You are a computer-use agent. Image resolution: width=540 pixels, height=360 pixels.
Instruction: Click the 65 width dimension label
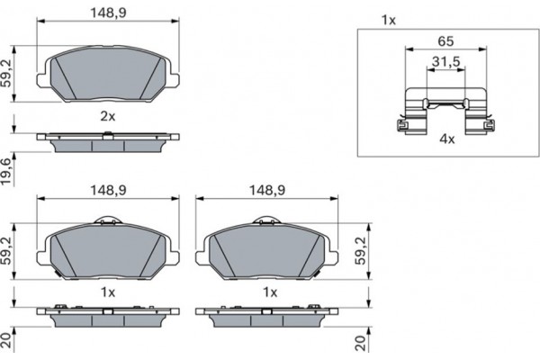point(445,41)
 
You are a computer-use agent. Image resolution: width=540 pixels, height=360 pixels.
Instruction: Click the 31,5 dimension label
point(446,62)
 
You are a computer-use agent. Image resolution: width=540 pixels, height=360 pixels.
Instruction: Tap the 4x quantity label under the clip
point(447,139)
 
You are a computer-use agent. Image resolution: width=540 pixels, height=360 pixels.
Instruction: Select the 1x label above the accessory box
point(389,21)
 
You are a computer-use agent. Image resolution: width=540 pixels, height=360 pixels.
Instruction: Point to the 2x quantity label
point(108,116)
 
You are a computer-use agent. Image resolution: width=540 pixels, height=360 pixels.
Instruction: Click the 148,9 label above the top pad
point(108,13)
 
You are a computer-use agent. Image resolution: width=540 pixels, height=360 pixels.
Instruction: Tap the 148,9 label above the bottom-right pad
point(267,190)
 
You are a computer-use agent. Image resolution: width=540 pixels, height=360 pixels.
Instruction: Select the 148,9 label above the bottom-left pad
point(108,190)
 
